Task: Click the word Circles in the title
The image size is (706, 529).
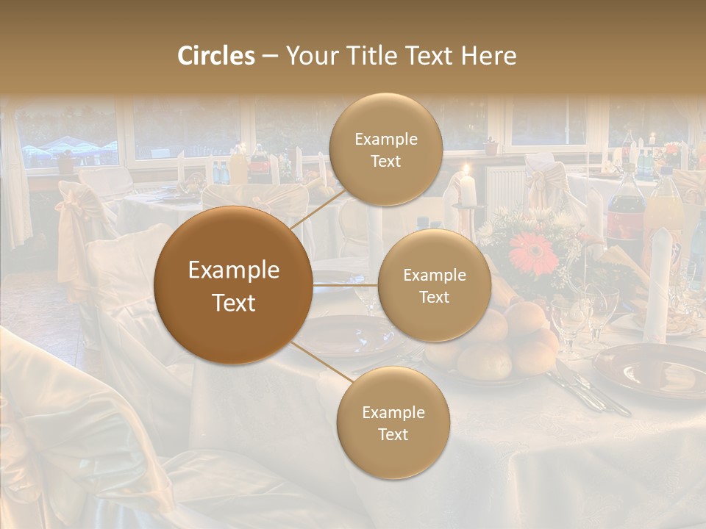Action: click(216, 56)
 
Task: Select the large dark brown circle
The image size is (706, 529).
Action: click(233, 285)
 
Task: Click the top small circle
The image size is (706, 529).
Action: click(385, 150)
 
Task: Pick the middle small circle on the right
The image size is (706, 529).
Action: click(434, 285)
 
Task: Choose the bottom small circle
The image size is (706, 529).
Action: click(393, 422)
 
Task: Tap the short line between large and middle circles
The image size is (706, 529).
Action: click(345, 285)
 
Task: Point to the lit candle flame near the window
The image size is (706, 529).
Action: click(466, 171)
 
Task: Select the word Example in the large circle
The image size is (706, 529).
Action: click(233, 270)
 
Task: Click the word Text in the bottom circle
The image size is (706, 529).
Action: click(393, 434)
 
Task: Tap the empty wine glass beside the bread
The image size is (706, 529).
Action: click(570, 323)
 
